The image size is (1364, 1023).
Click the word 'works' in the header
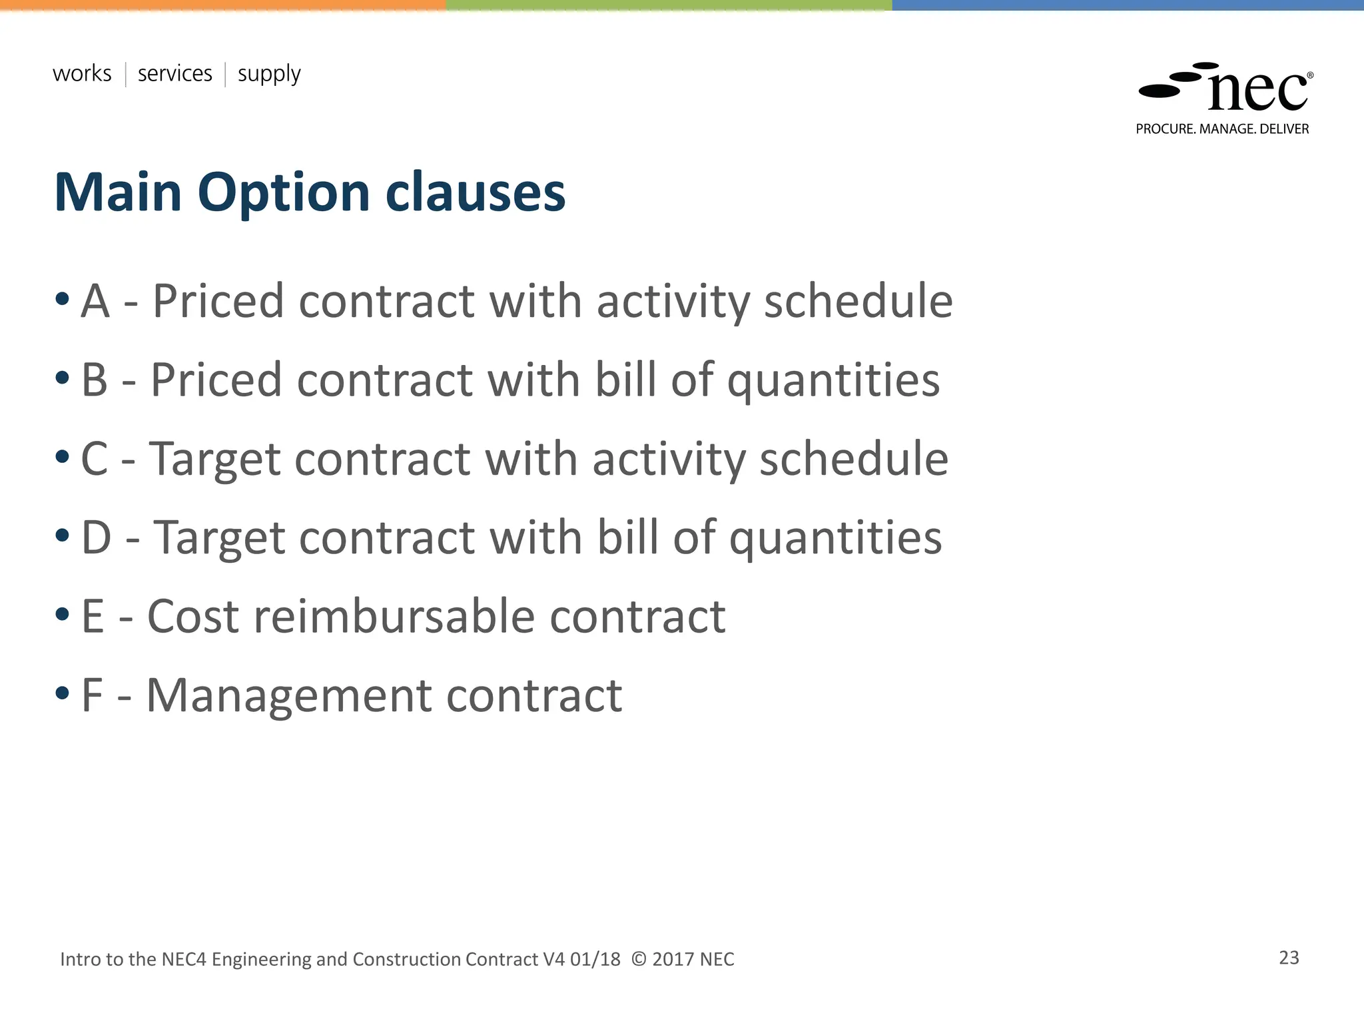click(x=82, y=73)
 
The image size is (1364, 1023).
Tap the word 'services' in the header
click(x=174, y=73)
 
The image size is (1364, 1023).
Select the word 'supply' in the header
click(x=269, y=75)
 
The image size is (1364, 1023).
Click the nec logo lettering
click(x=1257, y=91)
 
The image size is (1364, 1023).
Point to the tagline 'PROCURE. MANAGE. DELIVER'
click(x=1222, y=129)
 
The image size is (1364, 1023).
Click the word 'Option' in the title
click(x=283, y=193)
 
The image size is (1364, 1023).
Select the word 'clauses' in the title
click(x=476, y=192)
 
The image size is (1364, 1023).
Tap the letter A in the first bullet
click(x=95, y=301)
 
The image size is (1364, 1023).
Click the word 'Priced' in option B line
click(x=216, y=380)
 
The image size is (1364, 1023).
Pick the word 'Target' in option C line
click(x=214, y=460)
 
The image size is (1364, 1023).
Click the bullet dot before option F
click(x=63, y=693)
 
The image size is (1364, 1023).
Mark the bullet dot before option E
click(x=63, y=614)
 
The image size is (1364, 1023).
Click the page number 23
click(x=1289, y=958)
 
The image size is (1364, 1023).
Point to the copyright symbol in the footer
click(x=638, y=959)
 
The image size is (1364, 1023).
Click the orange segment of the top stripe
click(x=223, y=5)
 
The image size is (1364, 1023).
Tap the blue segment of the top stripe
click(x=1128, y=5)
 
